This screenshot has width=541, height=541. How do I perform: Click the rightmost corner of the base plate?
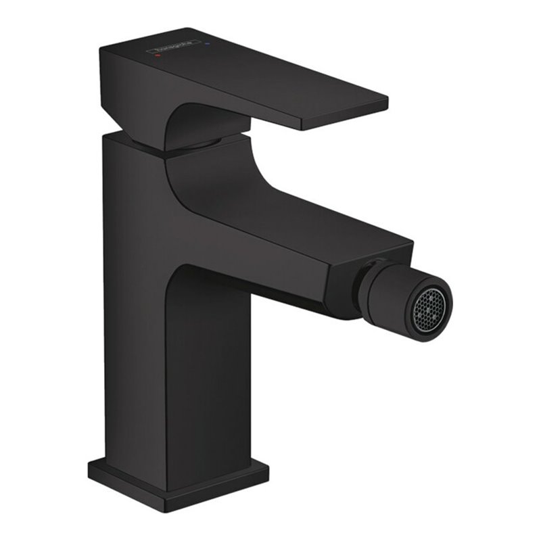[267, 467]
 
